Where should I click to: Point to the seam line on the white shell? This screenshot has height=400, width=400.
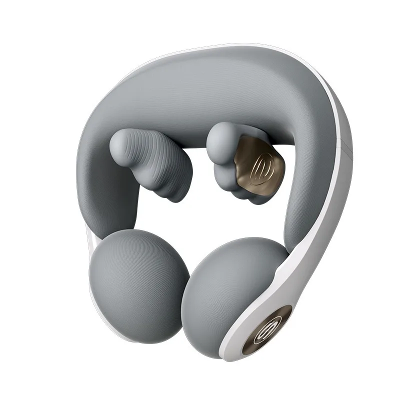tap(345, 145)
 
